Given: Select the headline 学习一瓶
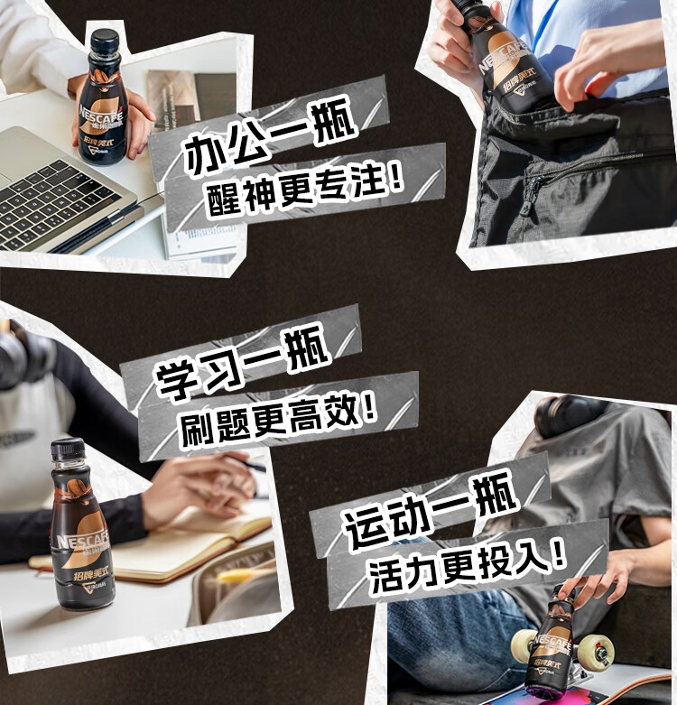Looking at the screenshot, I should click(244, 367).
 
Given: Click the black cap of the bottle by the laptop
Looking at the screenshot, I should click(105, 41).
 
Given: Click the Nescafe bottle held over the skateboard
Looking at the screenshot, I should click(553, 645).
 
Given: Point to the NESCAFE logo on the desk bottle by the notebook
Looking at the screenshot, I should click(79, 542).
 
